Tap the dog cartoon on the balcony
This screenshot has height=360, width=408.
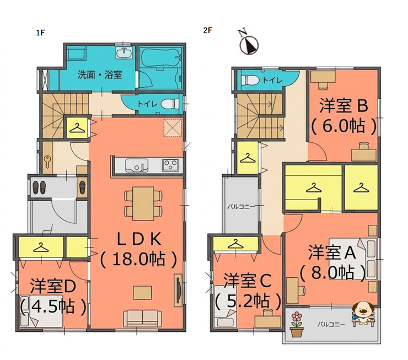click(363, 313)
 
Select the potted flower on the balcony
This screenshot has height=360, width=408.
click(297, 324)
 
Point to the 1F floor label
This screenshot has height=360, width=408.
click(40, 33)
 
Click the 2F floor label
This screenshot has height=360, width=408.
click(208, 30)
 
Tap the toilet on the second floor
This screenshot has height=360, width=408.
click(249, 80)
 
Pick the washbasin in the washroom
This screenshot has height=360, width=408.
click(125, 53)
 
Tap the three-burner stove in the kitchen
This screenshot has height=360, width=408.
click(170, 165)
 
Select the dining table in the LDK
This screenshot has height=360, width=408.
click(143, 203)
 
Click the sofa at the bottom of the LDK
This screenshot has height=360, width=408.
click(142, 319)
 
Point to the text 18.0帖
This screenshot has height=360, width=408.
click(138, 259)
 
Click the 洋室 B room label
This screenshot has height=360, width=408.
click(343, 106)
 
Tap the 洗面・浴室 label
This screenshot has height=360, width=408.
click(100, 75)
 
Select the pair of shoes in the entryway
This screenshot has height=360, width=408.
click(39, 187)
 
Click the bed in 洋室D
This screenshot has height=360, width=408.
click(41, 311)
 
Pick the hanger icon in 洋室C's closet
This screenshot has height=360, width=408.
click(235, 244)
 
